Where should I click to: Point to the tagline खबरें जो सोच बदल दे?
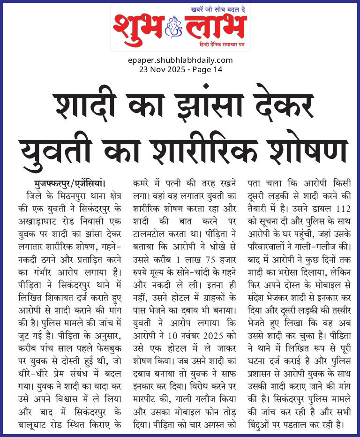click(x=218, y=9)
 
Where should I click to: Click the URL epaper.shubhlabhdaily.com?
click(x=180, y=60)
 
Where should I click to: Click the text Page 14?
click(x=206, y=69)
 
